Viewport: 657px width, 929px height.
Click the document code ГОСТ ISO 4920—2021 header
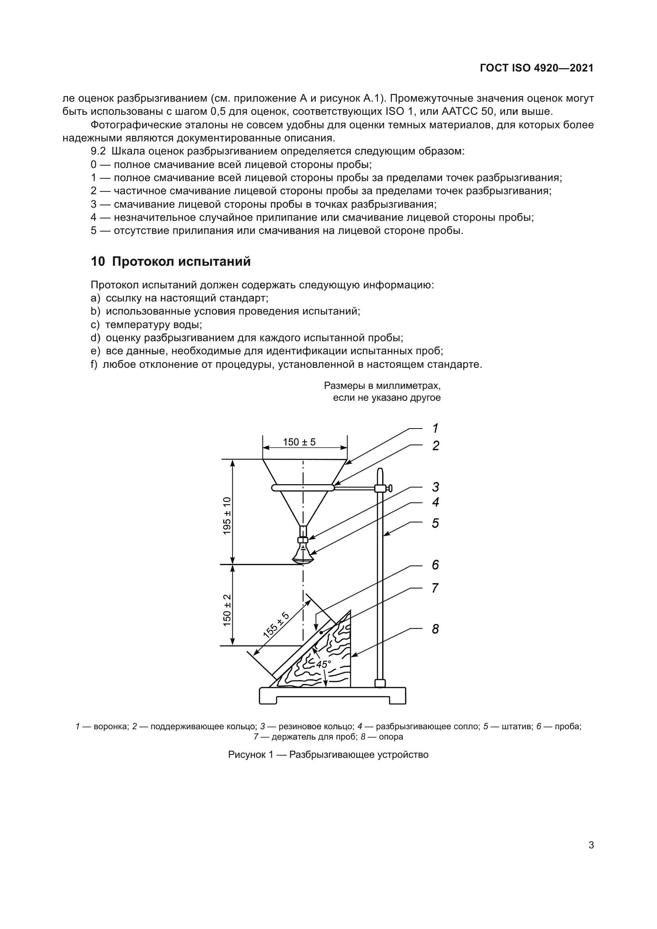(x=536, y=68)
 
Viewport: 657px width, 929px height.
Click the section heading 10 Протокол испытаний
(x=170, y=262)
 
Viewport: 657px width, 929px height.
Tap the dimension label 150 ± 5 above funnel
(x=299, y=442)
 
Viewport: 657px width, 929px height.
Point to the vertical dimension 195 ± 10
(x=227, y=516)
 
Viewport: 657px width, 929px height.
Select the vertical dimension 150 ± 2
(x=227, y=610)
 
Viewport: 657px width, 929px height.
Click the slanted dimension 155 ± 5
(x=276, y=625)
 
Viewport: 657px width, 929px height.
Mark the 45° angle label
(x=323, y=664)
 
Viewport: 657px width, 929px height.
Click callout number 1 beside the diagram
(x=435, y=428)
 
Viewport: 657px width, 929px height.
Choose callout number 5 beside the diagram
(x=435, y=523)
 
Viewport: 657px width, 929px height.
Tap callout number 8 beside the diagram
(x=435, y=629)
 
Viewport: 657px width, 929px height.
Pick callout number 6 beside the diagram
(x=435, y=565)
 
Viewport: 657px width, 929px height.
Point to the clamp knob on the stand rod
(x=389, y=489)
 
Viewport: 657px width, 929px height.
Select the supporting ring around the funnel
(x=303, y=489)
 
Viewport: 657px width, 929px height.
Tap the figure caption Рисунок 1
(x=328, y=755)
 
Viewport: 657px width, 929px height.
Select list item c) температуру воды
(x=147, y=324)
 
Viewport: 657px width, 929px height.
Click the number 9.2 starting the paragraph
(x=98, y=151)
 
